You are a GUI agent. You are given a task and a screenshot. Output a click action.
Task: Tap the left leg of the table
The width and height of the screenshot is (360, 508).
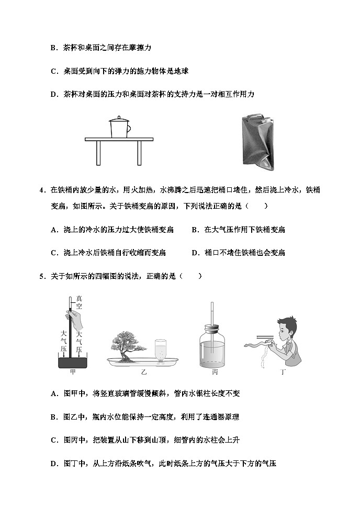[98, 153]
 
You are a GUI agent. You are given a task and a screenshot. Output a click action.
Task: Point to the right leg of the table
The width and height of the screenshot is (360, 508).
[140, 153]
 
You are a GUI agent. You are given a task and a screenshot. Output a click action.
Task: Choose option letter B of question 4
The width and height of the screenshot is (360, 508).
[194, 230]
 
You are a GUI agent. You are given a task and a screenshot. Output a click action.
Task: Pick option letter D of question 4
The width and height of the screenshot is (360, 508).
[194, 253]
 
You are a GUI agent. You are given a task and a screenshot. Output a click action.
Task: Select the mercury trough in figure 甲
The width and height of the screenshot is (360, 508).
[73, 362]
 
